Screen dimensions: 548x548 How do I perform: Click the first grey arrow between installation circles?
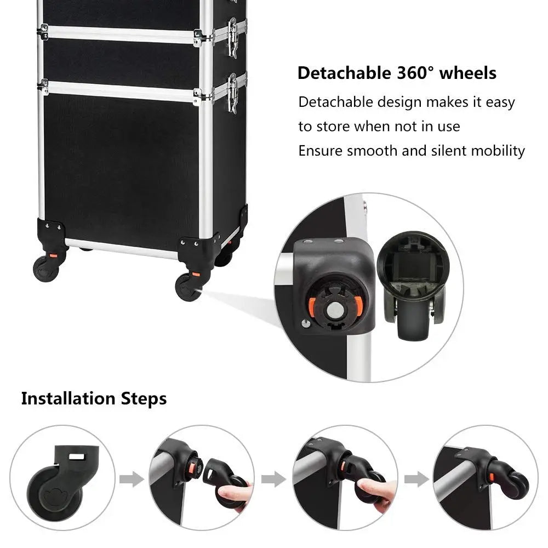coord(132,479)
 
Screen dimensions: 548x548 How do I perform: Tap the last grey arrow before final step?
coord(416,479)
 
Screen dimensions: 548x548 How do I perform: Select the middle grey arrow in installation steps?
coord(273,479)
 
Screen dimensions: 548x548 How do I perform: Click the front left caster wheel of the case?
coord(45,269)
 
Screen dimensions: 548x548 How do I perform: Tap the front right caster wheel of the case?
coord(187,287)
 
